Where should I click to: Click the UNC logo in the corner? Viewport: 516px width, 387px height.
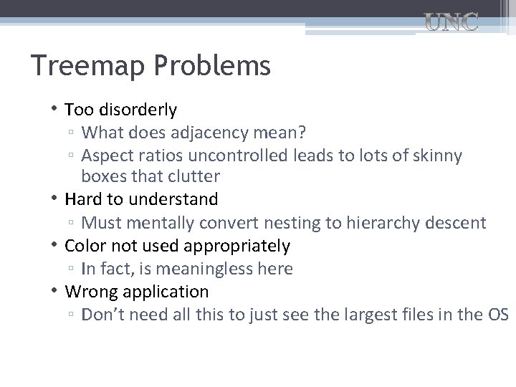coord(452,24)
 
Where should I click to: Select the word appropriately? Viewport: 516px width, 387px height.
coord(236,247)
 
